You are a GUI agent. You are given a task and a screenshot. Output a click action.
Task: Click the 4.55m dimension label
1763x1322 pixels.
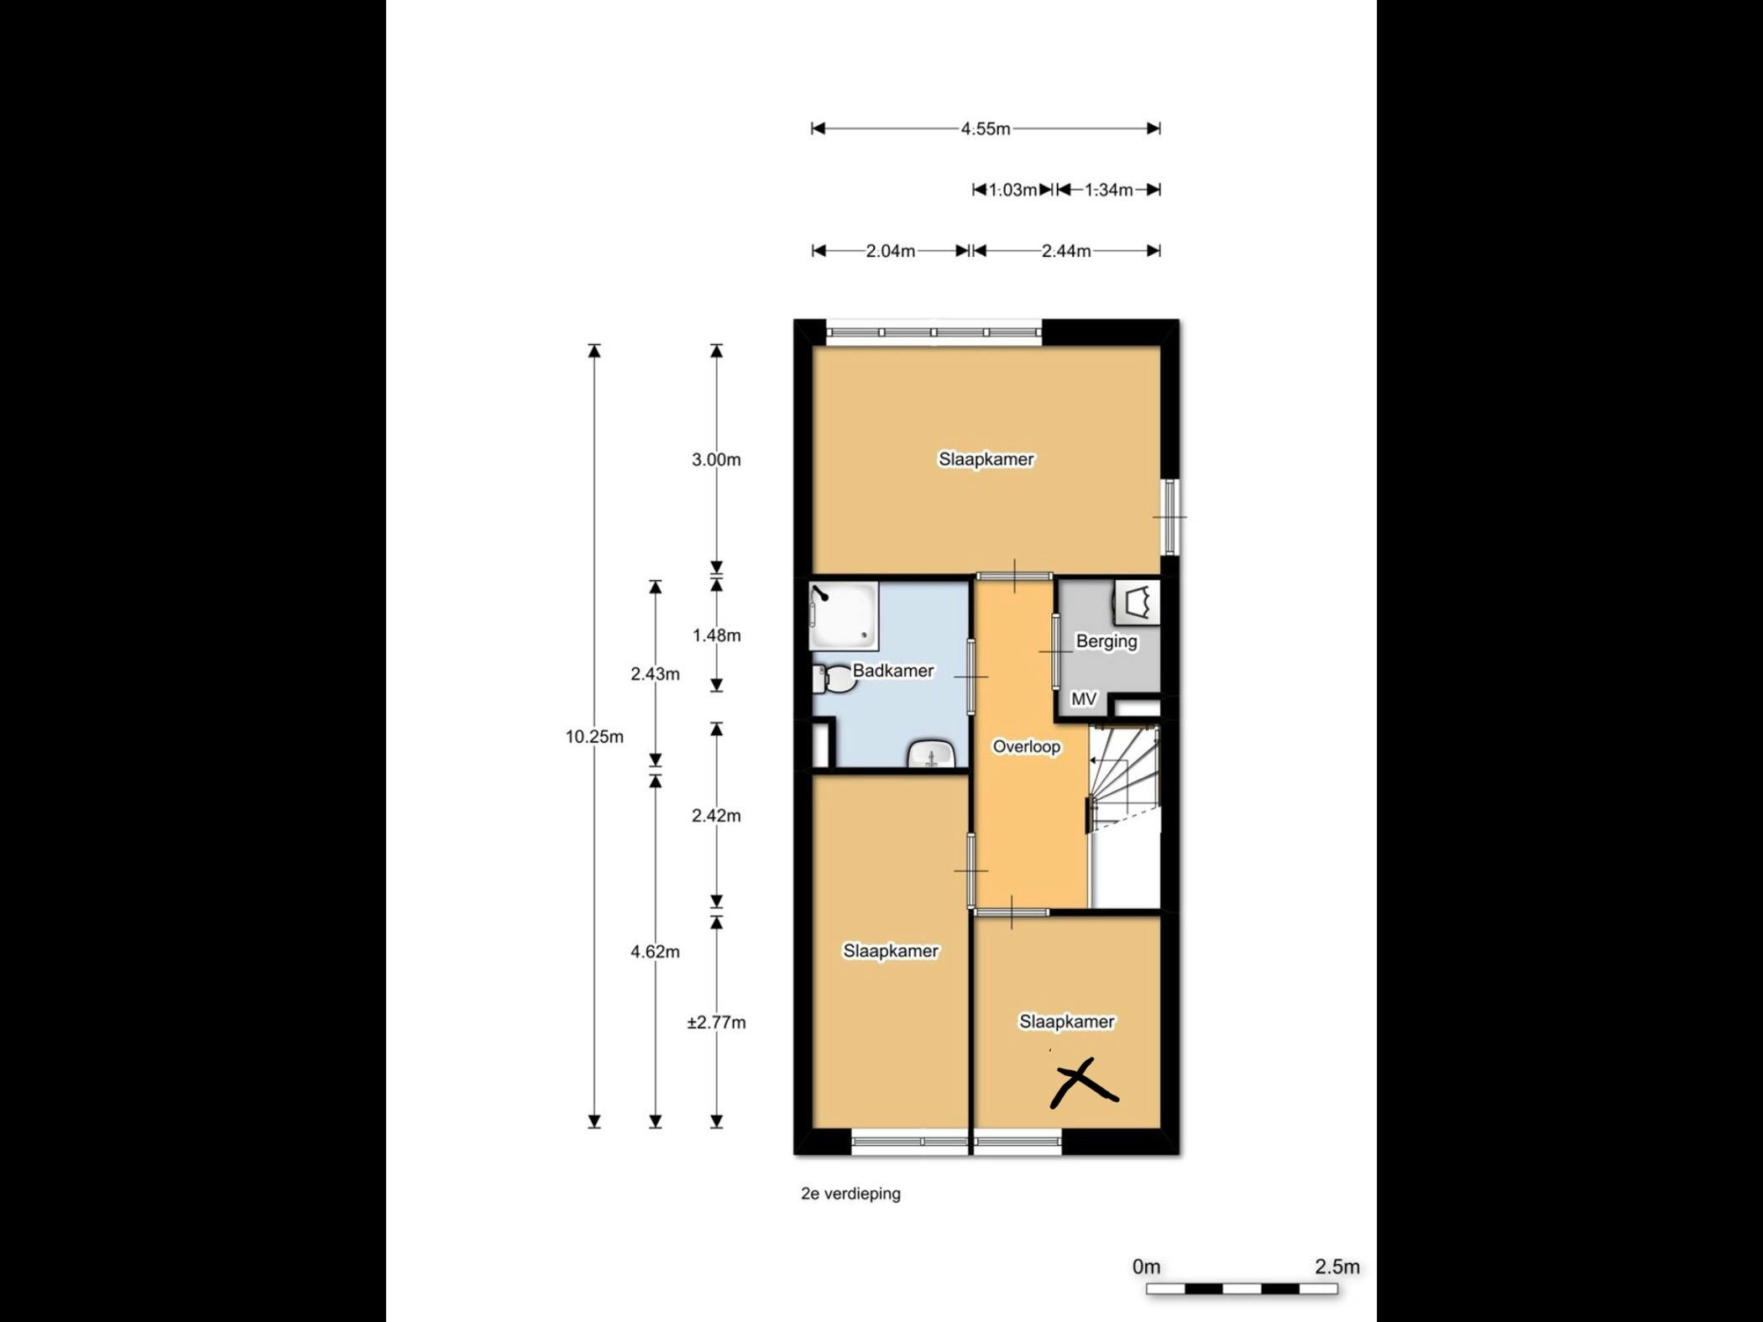[x=986, y=128]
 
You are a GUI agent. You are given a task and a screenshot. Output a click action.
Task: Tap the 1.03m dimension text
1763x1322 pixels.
[x=1012, y=190]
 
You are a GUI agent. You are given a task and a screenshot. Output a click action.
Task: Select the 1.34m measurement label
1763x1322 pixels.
[x=1108, y=190]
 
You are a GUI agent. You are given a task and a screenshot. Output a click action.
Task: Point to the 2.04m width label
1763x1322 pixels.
[x=891, y=251]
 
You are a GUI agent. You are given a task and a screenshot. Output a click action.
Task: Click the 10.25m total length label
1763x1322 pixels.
[x=594, y=737]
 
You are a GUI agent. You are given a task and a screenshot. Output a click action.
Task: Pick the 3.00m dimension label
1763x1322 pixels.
[x=716, y=459]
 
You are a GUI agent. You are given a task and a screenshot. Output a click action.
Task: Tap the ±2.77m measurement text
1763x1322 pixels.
[x=716, y=1022]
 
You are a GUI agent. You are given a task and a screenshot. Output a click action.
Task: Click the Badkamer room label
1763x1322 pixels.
[x=893, y=671]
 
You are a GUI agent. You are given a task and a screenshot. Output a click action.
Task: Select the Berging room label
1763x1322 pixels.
[x=1106, y=641]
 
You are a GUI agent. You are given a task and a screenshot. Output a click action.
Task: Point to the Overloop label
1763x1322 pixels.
[x=1027, y=746]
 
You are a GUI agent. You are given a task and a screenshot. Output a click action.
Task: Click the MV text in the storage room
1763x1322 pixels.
[x=1084, y=698]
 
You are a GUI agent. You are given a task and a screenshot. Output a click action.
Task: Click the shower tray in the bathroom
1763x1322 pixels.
[x=844, y=616]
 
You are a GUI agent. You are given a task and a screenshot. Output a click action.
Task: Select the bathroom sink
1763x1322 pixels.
[x=931, y=755]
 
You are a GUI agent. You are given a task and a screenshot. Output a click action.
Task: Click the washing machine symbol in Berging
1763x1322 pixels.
[x=1138, y=602]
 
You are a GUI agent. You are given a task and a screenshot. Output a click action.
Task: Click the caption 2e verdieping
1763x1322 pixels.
[x=850, y=1194]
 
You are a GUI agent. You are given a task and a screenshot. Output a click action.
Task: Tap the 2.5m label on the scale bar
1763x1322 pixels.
[x=1337, y=1267]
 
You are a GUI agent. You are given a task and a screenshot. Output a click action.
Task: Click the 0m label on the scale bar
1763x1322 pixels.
[x=1146, y=1267]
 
